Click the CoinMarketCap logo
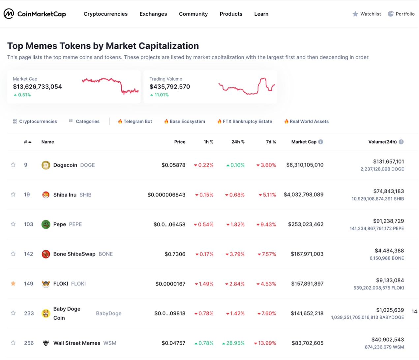click(35, 14)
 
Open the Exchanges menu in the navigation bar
click(153, 14)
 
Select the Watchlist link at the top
click(367, 14)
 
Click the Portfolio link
click(401, 14)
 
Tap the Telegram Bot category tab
click(135, 122)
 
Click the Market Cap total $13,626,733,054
click(37, 87)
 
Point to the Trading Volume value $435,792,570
click(169, 87)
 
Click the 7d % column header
click(271, 142)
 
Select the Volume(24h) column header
click(382, 142)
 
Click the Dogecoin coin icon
click(46, 165)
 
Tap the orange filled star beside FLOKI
click(13, 284)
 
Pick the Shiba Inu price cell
click(166, 195)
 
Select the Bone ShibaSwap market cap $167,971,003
click(307, 254)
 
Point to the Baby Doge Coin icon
click(46, 313)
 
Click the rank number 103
click(29, 224)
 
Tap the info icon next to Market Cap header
click(321, 142)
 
